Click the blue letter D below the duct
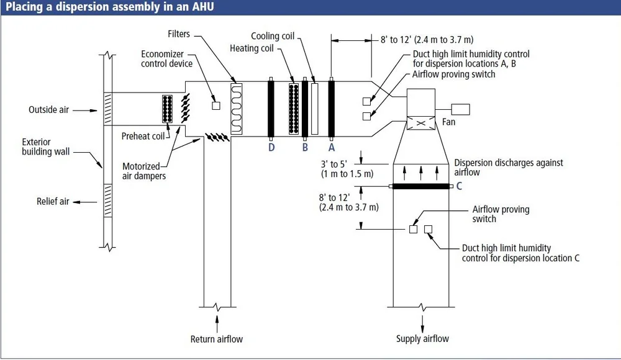click(271, 148)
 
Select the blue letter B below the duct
click(305, 148)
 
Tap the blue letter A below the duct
click(332, 148)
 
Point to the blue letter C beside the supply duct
click(459, 186)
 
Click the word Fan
click(448, 122)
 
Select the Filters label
click(178, 34)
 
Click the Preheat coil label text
click(143, 136)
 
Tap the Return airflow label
click(217, 339)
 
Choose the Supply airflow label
click(422, 339)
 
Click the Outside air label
click(48, 110)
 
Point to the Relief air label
click(53, 202)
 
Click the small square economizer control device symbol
click(216, 106)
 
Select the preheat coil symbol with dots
click(166, 111)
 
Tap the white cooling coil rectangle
click(314, 108)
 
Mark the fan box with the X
click(420, 123)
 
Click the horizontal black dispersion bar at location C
click(420, 186)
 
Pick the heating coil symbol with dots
click(294, 108)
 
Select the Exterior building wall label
click(45, 146)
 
